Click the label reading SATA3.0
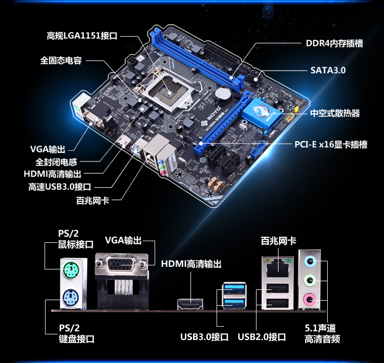[x=328, y=70]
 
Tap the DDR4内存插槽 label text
[x=334, y=43]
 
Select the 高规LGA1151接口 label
[x=82, y=36]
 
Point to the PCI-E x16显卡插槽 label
[x=331, y=144]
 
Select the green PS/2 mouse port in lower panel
[x=71, y=270]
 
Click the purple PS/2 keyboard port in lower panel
[x=71, y=298]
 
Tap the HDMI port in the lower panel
[x=190, y=304]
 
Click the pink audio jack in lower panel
[x=310, y=300]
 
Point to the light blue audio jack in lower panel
[x=310, y=262]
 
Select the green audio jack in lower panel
[x=310, y=280]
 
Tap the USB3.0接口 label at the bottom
[x=204, y=337]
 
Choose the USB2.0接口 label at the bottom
[x=262, y=337]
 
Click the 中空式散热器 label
[x=335, y=114]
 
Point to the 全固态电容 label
[x=61, y=60]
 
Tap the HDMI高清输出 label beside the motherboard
[x=52, y=174]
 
